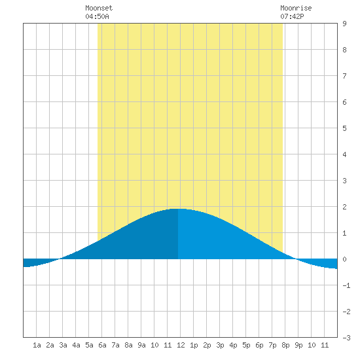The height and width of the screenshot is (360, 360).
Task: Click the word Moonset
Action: point(99,8)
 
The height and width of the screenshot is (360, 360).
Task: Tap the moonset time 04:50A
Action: point(97,16)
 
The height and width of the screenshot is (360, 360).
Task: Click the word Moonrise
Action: point(296,8)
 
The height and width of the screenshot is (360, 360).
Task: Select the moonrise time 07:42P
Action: point(292,16)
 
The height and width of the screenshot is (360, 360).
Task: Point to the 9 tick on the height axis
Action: point(344,24)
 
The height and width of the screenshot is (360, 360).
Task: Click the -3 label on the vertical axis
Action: point(346,338)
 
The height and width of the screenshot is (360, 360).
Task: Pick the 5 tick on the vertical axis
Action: point(344,128)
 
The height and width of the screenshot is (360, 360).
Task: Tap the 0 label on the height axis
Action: point(344,259)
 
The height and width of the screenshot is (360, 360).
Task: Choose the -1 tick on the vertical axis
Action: point(346,285)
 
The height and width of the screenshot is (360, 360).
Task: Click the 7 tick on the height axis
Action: point(344,76)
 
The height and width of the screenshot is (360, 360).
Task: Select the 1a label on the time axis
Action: point(37,345)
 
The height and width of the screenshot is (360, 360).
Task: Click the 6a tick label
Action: point(102,345)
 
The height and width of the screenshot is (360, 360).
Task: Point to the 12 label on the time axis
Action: point(181,345)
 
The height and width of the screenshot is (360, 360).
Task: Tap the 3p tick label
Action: point(220,345)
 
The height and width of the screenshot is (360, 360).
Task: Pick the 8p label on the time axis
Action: point(285,345)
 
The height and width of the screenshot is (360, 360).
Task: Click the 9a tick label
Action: point(141,345)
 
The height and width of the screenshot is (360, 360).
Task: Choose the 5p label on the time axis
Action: point(246,345)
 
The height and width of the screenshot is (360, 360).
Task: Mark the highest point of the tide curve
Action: point(177,209)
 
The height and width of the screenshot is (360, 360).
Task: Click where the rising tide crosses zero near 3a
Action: point(60,259)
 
